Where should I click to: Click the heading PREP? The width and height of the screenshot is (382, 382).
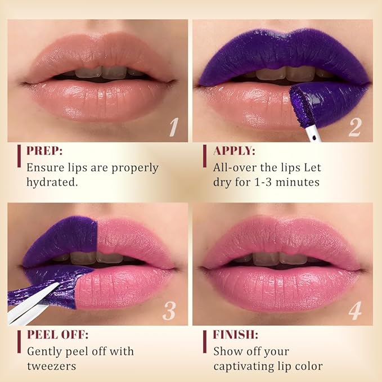(x=46, y=151)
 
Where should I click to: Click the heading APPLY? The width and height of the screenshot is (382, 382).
(x=235, y=151)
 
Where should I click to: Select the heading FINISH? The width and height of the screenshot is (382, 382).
(x=235, y=335)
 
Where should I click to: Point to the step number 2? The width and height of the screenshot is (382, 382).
(x=354, y=127)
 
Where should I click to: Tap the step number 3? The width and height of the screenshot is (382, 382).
(x=170, y=311)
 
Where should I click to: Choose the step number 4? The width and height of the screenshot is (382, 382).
(x=354, y=311)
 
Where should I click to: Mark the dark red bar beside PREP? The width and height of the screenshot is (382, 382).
(x=19, y=158)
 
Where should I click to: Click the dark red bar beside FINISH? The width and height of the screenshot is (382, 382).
(x=204, y=341)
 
